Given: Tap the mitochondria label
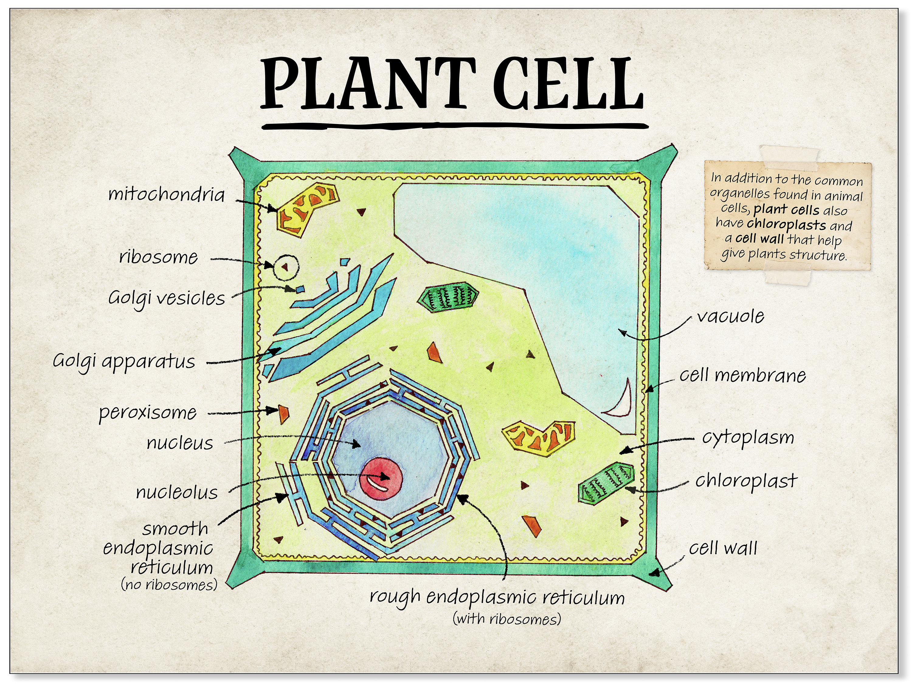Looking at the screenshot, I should (x=167, y=195).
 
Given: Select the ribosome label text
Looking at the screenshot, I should (x=159, y=257).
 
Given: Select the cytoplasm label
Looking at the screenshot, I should (x=748, y=438).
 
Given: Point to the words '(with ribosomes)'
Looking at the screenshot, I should (x=507, y=619).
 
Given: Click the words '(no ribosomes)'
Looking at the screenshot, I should (x=169, y=585).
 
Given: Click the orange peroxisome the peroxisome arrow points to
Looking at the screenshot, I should (x=284, y=413).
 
